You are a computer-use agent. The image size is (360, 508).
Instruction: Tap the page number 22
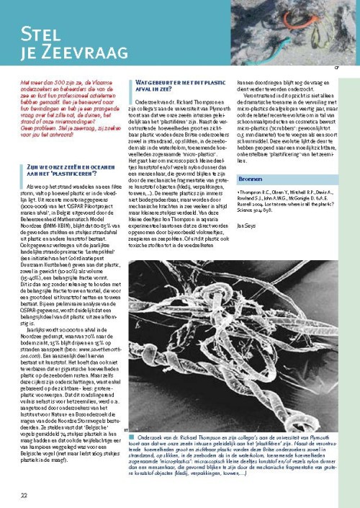click(x=24, y=474)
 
